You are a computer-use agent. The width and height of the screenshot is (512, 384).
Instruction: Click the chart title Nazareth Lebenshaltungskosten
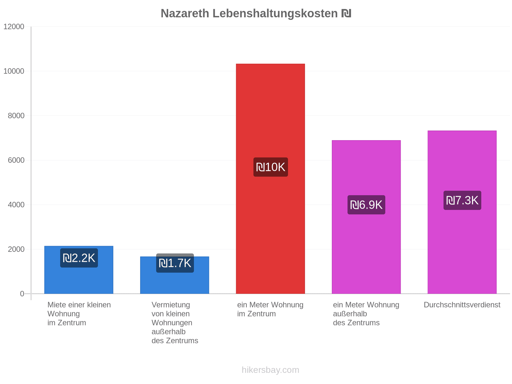tap(249, 13)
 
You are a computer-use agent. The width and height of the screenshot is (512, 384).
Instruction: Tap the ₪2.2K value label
tap(79, 258)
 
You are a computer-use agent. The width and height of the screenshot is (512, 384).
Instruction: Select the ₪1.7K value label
tap(175, 263)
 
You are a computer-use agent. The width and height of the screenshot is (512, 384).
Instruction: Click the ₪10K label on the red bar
tap(271, 167)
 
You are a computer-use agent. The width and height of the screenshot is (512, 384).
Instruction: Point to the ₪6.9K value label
tap(366, 205)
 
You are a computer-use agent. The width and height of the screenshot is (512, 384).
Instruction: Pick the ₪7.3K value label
tap(462, 200)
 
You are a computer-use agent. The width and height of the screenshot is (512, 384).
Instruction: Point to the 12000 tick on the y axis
tap(14, 27)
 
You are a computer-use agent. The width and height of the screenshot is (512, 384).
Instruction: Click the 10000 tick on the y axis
tap(14, 71)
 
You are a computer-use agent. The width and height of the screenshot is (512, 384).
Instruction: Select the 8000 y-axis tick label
tap(16, 116)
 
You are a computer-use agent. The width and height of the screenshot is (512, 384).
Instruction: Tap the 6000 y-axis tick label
tap(16, 160)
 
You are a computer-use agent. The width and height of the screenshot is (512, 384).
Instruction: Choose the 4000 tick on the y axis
tap(16, 205)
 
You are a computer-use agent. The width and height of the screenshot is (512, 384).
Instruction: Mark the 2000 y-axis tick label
tap(16, 249)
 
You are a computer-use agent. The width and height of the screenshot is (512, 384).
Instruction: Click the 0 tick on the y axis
tap(22, 294)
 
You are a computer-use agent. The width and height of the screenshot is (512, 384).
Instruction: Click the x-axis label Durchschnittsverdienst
tap(462, 305)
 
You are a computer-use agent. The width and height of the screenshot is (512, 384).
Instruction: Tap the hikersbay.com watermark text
tap(270, 370)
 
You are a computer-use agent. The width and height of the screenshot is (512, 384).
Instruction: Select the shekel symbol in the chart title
tap(346, 13)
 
